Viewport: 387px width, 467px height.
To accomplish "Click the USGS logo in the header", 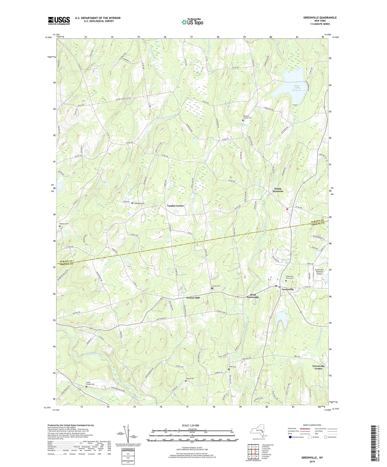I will (59, 21).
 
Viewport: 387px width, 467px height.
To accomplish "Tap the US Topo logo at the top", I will (192, 22).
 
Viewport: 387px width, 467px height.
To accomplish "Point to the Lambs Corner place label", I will (175, 206).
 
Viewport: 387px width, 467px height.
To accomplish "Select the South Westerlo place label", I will (278, 190).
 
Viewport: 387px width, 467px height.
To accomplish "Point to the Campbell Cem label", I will (139, 203).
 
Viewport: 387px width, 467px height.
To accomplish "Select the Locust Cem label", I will (216, 286).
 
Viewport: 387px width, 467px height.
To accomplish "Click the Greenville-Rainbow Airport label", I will (321, 271).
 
